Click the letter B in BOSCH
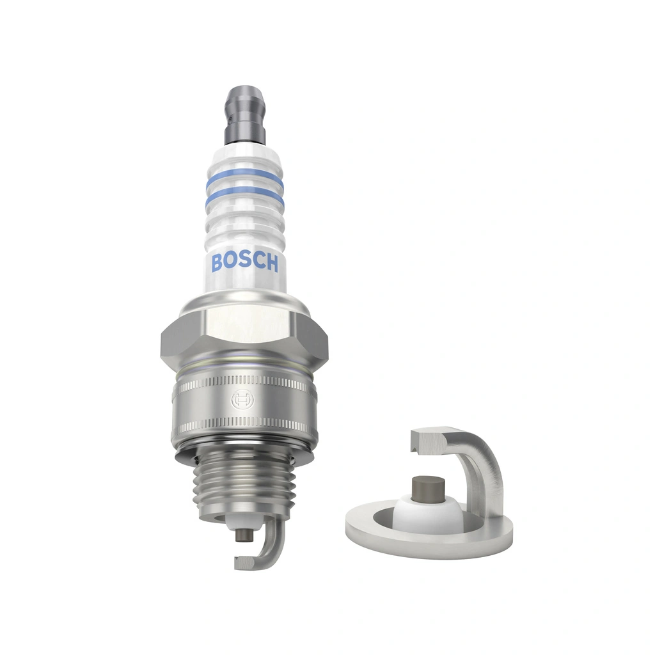[217, 262]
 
